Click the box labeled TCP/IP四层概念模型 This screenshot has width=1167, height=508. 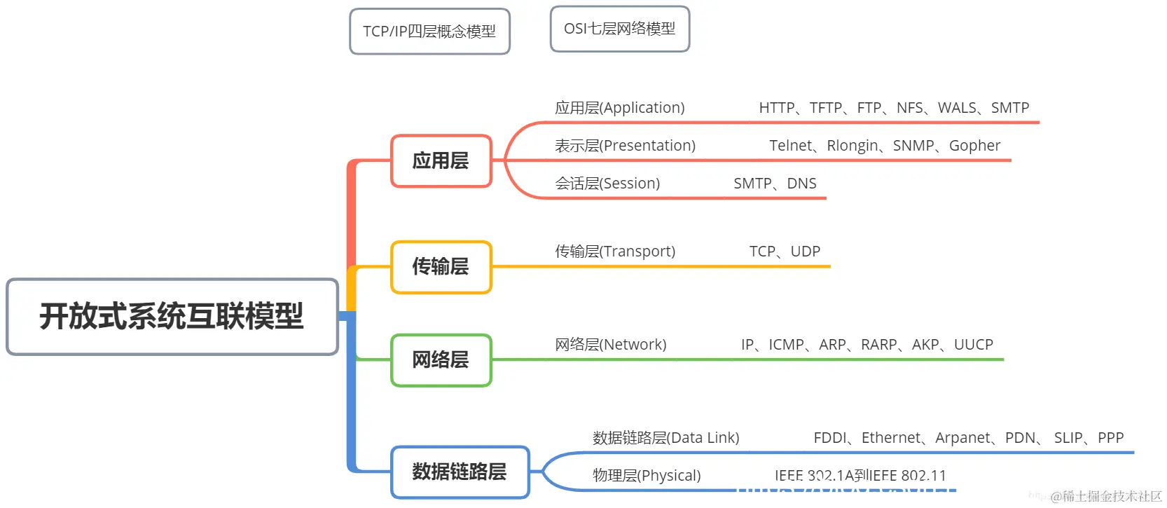(429, 32)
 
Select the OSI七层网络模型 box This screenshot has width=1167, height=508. (619, 29)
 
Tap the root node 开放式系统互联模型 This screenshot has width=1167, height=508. (172, 317)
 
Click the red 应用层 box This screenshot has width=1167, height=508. (441, 161)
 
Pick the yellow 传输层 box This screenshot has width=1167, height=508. (441, 267)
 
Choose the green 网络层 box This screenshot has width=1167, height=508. (441, 360)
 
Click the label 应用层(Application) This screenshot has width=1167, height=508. (619, 108)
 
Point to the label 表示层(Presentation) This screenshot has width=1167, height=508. (625, 146)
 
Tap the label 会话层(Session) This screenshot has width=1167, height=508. (607, 184)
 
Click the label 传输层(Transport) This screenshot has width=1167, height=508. (615, 252)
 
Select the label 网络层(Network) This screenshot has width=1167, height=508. (610, 345)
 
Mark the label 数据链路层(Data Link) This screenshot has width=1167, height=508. (665, 438)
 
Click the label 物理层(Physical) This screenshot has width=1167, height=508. (646, 476)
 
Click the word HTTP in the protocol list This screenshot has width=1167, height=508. (776, 108)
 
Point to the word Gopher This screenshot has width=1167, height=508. (974, 146)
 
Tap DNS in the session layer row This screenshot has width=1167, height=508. (801, 184)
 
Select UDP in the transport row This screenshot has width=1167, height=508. (805, 252)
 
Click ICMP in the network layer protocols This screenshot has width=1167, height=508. (786, 345)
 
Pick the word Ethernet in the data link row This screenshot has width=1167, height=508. (890, 438)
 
